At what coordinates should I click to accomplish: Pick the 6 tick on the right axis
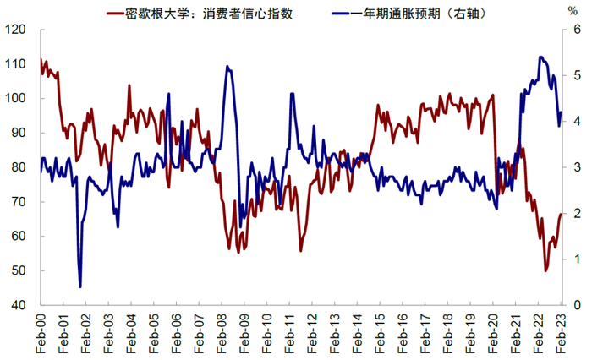coord(575,30)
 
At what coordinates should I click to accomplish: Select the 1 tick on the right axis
coord(575,259)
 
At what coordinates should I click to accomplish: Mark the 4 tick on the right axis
coord(575,122)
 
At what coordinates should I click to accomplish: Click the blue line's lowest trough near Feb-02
coord(80,287)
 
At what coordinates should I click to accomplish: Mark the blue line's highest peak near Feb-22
coord(540,57)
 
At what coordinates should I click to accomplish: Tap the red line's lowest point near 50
coord(545,270)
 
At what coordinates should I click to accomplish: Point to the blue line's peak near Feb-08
coord(227,67)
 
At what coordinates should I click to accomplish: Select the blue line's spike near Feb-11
coord(292,93)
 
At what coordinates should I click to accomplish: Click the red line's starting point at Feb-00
coord(41,59)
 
